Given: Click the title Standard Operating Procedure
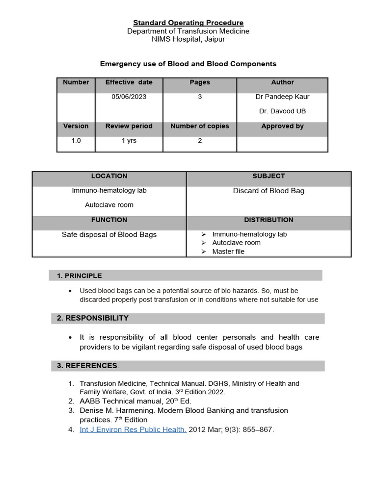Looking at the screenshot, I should pyautogui.click(x=188, y=23).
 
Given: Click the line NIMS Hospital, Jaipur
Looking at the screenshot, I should pyautogui.click(x=188, y=39).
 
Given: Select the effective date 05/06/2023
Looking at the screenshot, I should pyautogui.click(x=129, y=97).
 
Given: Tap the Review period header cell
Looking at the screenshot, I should pyautogui.click(x=129, y=126).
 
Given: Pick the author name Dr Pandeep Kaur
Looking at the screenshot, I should pyautogui.click(x=282, y=97).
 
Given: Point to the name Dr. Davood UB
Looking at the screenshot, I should pyautogui.click(x=282, y=111).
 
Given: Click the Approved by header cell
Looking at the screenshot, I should pyautogui.click(x=282, y=126).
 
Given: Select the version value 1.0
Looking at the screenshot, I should pyautogui.click(x=76, y=141).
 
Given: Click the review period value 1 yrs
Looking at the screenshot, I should pyautogui.click(x=129, y=141).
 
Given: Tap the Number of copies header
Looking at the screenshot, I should pyautogui.click(x=200, y=126).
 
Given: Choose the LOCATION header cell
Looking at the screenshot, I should pyautogui.click(x=109, y=176).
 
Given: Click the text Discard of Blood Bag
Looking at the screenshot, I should pyautogui.click(x=269, y=191).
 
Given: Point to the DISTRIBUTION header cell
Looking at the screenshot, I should pyautogui.click(x=269, y=220).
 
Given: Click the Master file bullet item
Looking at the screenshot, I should pyautogui.click(x=228, y=251).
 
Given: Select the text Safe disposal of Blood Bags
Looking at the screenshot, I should pyautogui.click(x=109, y=235).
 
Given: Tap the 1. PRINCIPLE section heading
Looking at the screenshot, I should pyautogui.click(x=80, y=276).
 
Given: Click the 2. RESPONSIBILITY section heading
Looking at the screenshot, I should pyautogui.click(x=93, y=318).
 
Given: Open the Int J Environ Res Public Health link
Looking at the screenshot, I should pyautogui.click(x=133, y=430).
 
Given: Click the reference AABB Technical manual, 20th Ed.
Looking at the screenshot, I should pyautogui.click(x=135, y=401).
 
